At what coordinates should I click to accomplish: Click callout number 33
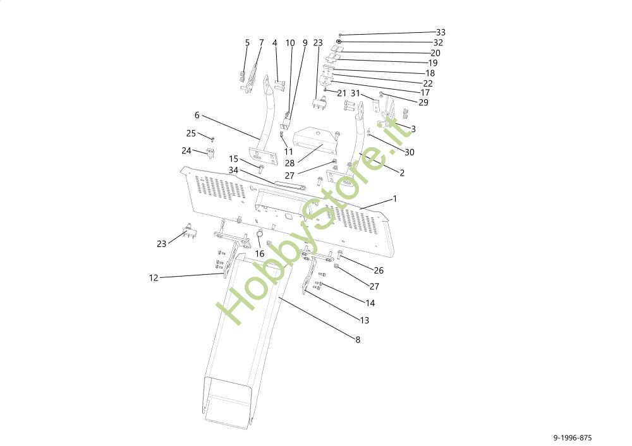pos(441,32)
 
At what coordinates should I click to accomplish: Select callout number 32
pos(438,42)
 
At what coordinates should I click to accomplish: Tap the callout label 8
pos(357,339)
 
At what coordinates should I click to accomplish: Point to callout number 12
pos(154,278)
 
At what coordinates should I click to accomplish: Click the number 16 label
pos(260,253)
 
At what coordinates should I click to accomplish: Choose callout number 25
pos(191,133)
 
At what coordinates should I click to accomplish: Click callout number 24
pos(186,150)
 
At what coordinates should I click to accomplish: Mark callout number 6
pos(197,116)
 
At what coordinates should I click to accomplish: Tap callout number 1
pos(395,198)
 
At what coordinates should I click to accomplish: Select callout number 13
pos(365,320)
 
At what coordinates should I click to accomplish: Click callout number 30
pos(410,152)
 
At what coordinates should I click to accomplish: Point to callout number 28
pos(289,162)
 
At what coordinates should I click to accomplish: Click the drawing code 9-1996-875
pos(573,438)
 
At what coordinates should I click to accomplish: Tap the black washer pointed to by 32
pos(339,42)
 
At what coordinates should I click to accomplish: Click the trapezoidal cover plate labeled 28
pos(313,142)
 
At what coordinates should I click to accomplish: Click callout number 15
pos(234,159)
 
